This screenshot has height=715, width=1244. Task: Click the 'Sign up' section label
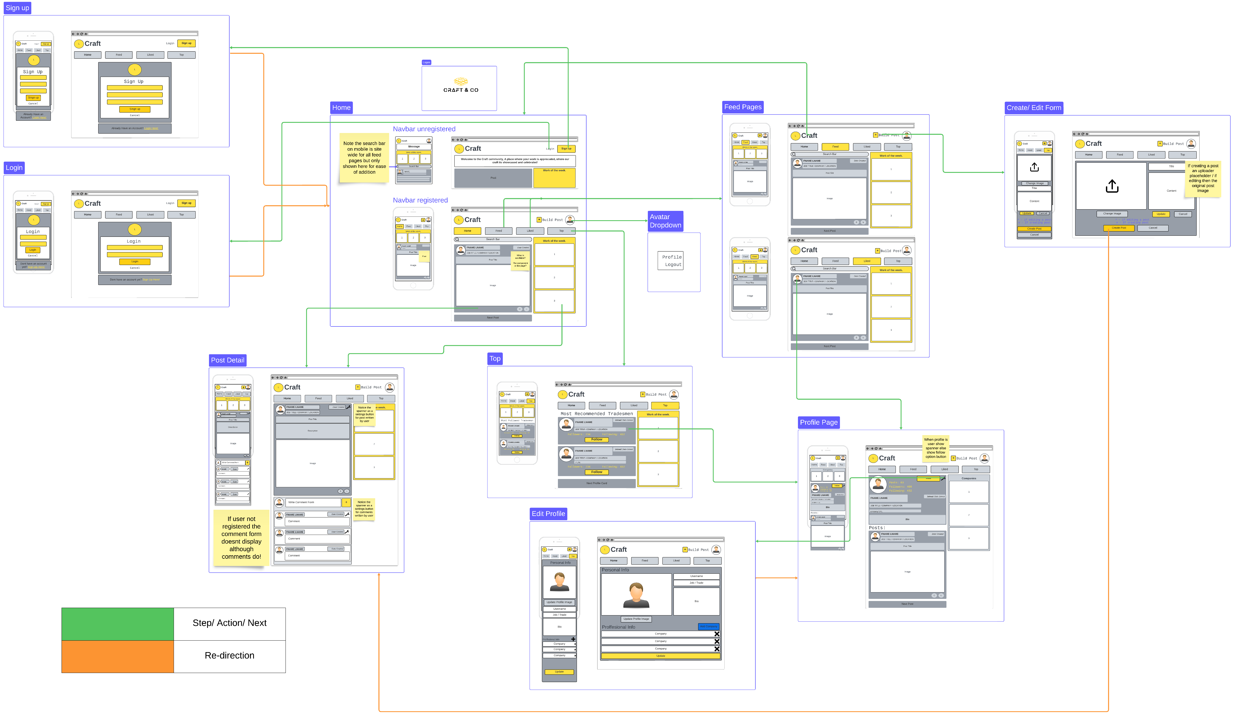click(x=17, y=8)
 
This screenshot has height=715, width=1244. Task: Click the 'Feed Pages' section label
click(x=743, y=107)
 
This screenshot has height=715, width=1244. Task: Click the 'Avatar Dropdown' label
click(x=665, y=221)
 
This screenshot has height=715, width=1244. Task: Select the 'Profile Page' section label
click(x=818, y=422)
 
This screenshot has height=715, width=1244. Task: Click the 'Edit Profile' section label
click(x=548, y=514)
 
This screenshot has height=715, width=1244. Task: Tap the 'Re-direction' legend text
click(x=229, y=656)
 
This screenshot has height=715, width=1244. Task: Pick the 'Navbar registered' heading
click(x=420, y=200)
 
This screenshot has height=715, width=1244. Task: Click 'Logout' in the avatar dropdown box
click(x=673, y=265)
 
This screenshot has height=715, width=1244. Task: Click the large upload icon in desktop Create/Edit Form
click(x=1112, y=186)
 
